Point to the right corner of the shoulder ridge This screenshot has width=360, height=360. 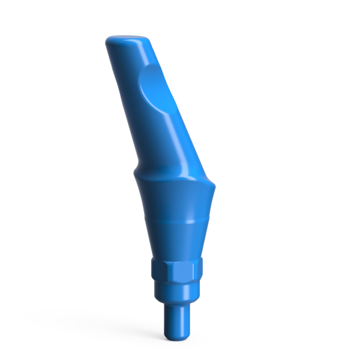[211, 182]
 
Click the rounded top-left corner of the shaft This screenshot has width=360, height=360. [110, 42]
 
